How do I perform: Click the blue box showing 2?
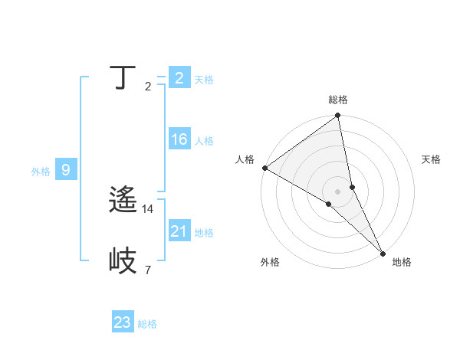point(179,78)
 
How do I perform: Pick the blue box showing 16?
point(179,139)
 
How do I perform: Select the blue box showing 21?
point(179,231)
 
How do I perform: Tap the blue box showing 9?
point(66,170)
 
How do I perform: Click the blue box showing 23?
point(123,322)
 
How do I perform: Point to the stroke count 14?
point(149,208)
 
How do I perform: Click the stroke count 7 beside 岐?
point(148,270)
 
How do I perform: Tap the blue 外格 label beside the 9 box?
point(41,172)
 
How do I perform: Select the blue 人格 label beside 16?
point(204,141)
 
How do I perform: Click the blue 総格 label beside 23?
point(147,324)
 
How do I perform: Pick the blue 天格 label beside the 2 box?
point(204,80)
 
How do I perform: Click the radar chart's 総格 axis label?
point(338,100)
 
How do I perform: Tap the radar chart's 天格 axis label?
point(431,159)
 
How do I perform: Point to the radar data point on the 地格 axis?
point(382,251)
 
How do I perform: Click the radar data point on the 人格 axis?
point(264,168)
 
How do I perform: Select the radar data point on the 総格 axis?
point(338,116)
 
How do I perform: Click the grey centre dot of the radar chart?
point(338,191)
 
